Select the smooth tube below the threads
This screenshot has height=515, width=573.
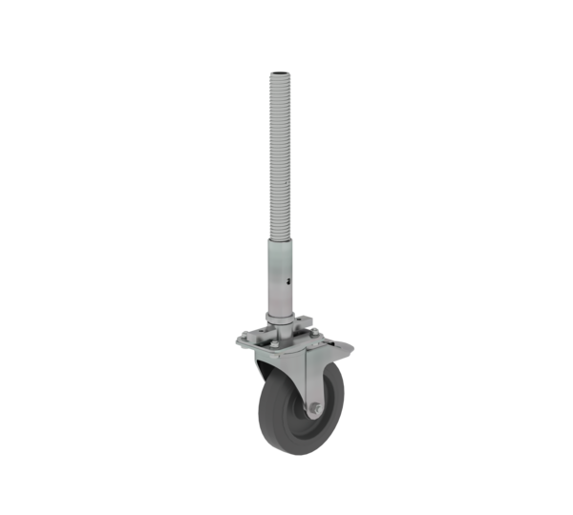tap(285, 277)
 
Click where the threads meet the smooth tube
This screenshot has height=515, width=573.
tap(284, 242)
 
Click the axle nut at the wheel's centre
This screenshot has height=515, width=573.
tap(312, 409)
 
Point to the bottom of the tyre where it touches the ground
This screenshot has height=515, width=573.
tap(290, 453)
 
